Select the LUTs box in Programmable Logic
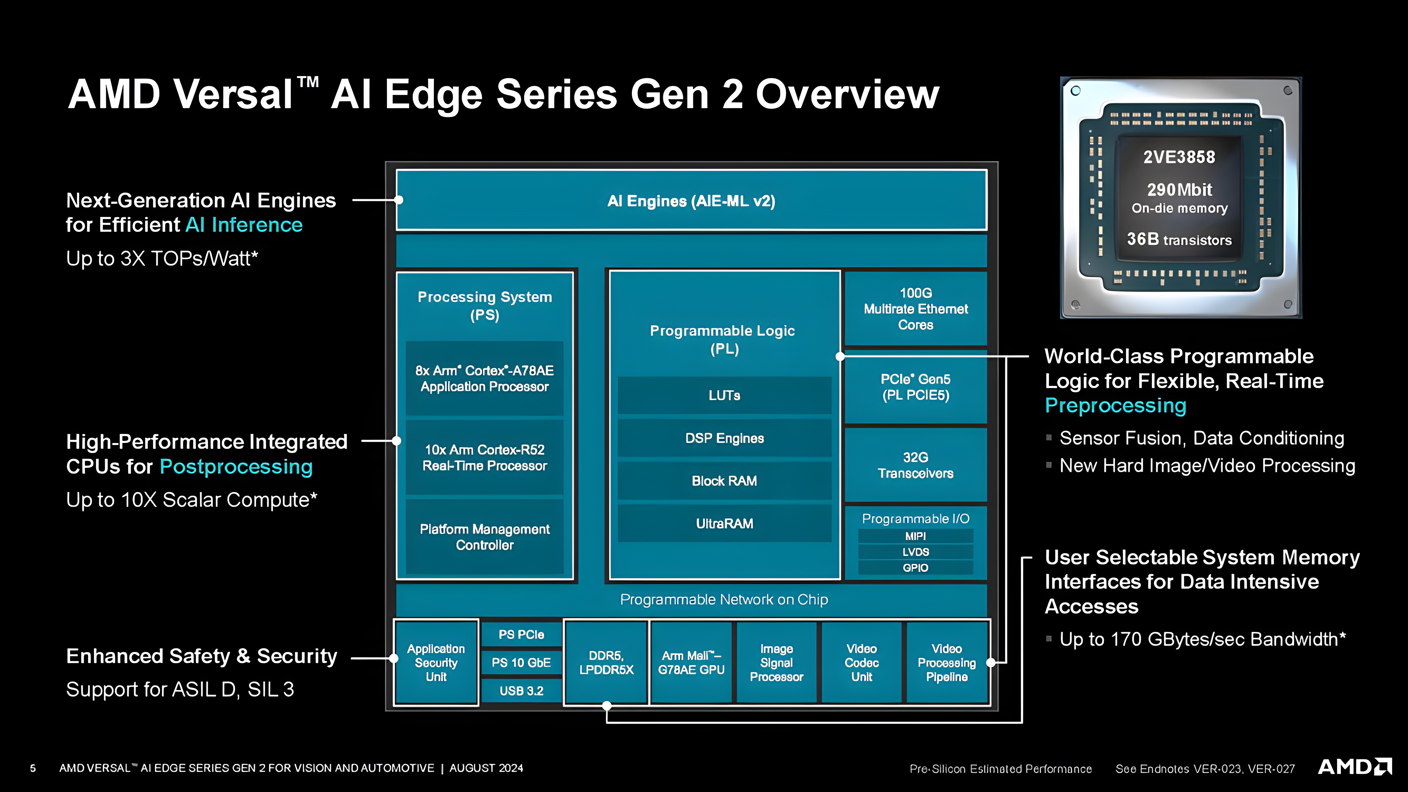pos(724,395)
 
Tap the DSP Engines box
pos(724,438)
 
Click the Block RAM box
pos(724,480)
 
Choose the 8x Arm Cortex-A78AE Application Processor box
pos(484,378)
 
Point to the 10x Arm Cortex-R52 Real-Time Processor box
pos(484,458)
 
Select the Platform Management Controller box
pos(484,537)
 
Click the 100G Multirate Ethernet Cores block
pos(915,309)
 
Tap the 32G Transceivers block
pos(915,465)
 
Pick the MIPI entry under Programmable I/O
pos(915,536)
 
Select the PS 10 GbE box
pos(522,662)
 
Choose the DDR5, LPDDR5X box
pos(606,662)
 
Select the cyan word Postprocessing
pos(236,467)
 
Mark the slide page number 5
pos(33,768)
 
